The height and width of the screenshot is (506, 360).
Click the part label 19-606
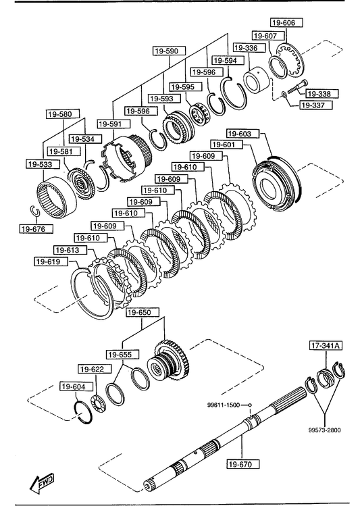click(x=282, y=22)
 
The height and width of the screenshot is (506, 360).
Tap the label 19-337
click(x=317, y=105)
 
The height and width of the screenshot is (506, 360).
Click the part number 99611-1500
click(x=224, y=405)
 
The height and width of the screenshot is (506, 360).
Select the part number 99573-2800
click(x=324, y=430)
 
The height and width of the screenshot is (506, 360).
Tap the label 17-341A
click(x=326, y=346)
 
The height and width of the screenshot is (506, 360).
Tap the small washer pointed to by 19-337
click(x=284, y=95)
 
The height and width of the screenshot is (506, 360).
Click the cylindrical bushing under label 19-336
click(x=256, y=80)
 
